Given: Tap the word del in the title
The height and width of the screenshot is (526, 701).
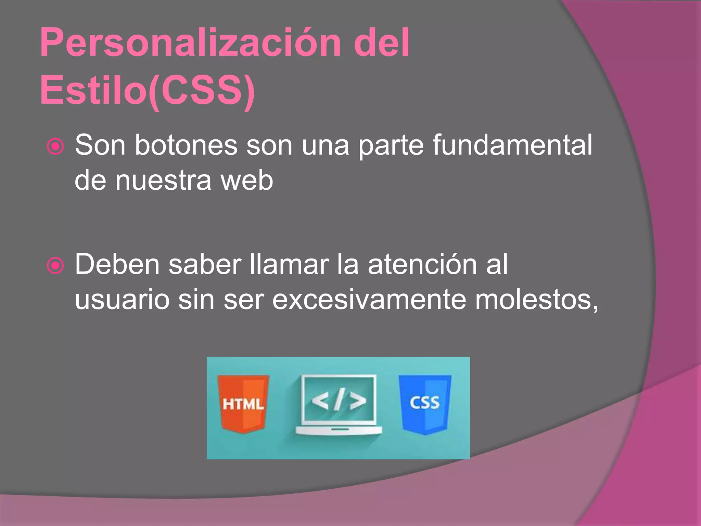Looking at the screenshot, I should coord(381,43).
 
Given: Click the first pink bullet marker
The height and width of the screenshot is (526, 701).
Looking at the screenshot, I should coord(55,147).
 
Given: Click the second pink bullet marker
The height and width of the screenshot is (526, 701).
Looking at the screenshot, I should coord(55,266).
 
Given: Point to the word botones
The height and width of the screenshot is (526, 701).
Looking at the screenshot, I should coord(186,145).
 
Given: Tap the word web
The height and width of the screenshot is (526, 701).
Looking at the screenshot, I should coord(247,180).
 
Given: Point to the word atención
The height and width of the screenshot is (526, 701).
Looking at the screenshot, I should coord(422,264).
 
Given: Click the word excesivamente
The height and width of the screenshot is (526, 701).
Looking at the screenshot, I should coord(369,300).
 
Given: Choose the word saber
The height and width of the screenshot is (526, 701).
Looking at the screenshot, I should coord(205,264).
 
